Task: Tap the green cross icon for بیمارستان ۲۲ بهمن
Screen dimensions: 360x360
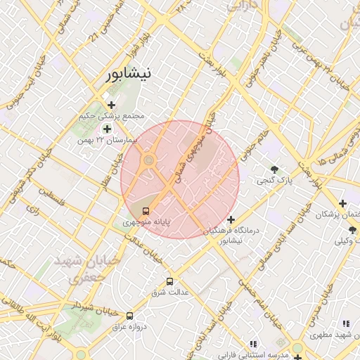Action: (x=107, y=129)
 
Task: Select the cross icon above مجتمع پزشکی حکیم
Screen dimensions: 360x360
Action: (x=111, y=105)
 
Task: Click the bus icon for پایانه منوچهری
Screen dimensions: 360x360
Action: (x=146, y=210)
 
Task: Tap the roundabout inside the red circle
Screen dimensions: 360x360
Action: (x=148, y=162)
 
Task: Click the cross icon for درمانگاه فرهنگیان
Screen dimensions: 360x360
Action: (x=231, y=220)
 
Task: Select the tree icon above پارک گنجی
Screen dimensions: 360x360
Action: (x=274, y=169)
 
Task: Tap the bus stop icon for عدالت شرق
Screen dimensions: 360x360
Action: (x=169, y=281)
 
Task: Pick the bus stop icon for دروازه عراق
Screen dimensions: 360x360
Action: (x=129, y=316)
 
